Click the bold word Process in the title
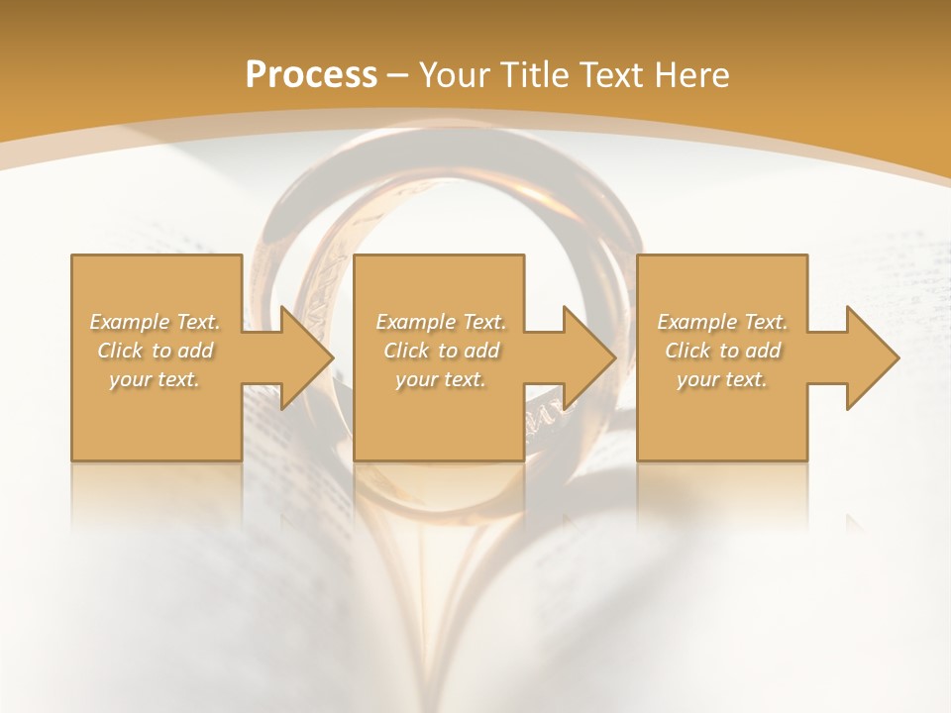pyautogui.click(x=311, y=75)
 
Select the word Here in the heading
pyautogui.click(x=689, y=75)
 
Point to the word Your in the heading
pyautogui.click(x=454, y=75)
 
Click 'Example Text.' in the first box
pyautogui.click(x=155, y=322)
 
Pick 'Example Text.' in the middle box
pyautogui.click(x=441, y=322)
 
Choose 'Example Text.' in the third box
pyautogui.click(x=722, y=322)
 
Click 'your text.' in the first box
pyautogui.click(x=155, y=379)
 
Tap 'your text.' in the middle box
pyautogui.click(x=441, y=379)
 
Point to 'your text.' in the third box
pyautogui.click(x=722, y=379)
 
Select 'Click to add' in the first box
pyautogui.click(x=155, y=351)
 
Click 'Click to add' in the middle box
pyautogui.click(x=441, y=351)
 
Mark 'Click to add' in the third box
pyautogui.click(x=722, y=351)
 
